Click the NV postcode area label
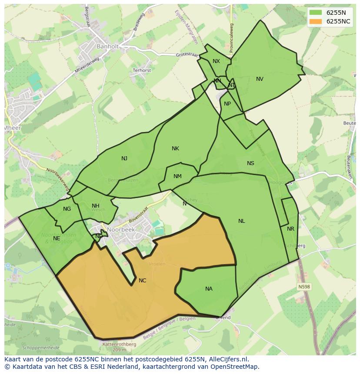point(260,79)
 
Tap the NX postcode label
point(216,61)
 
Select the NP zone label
point(227,104)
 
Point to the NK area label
point(175,149)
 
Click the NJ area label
point(124,159)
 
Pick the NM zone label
point(177,176)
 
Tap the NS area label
point(250,163)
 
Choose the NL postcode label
point(241,221)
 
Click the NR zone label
point(290,229)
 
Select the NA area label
point(209,289)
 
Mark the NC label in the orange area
point(142,281)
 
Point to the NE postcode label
point(57,238)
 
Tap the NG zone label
point(67,209)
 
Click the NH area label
point(96,206)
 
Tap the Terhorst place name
point(142,70)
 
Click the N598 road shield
point(304,287)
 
